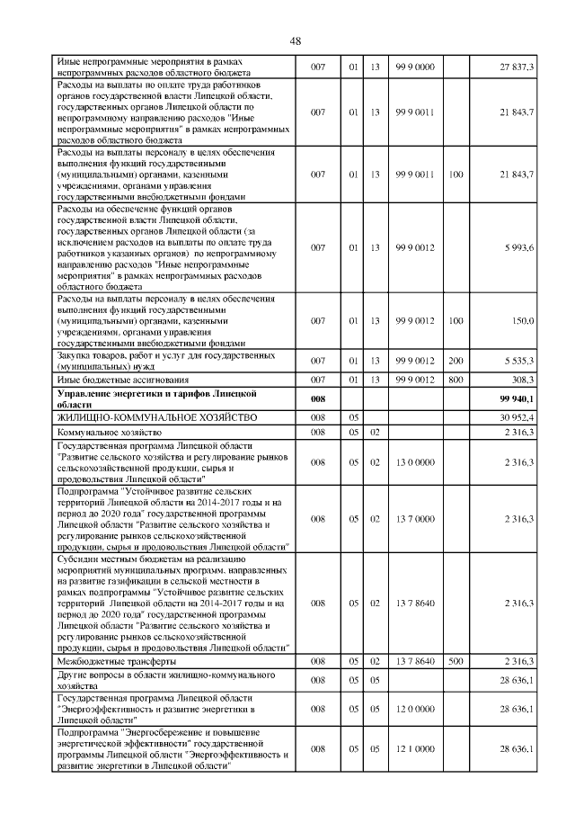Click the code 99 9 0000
[414, 67]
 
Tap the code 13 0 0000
[414, 462]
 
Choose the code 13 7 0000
[414, 519]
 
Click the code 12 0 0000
[414, 709]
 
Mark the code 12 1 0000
[414, 748]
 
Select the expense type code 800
[456, 380]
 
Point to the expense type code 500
[456, 661]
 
